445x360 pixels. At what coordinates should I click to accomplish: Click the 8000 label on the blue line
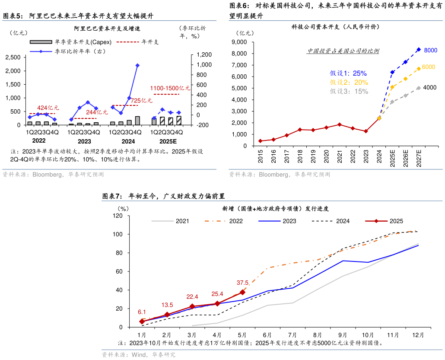[431, 50]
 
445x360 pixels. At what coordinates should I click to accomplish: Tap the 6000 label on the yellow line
[428, 67]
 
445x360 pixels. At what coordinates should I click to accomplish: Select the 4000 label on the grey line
[429, 87]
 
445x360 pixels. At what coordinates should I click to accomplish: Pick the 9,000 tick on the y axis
[239, 42]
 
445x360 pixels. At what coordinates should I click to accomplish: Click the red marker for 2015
[260, 141]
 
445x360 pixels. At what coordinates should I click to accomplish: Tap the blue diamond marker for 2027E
[418, 50]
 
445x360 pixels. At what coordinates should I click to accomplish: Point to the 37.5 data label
[242, 283]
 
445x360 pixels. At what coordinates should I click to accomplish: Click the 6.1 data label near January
[142, 312]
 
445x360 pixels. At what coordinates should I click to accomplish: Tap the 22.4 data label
[192, 296]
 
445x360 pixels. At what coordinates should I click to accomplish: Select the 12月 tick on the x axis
[418, 335]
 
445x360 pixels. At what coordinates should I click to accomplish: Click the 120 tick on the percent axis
[118, 216]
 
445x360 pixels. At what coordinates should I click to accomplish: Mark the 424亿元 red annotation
[48, 108]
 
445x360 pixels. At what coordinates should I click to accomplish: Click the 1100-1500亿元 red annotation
[170, 88]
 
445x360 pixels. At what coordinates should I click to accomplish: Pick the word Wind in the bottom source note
[139, 355]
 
